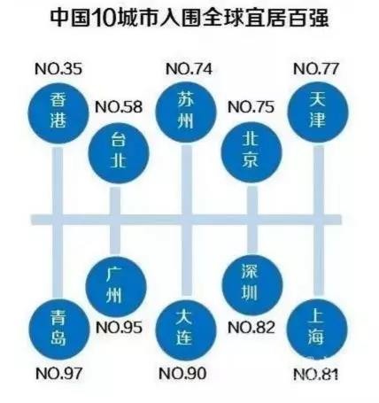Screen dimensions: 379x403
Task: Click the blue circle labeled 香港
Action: [x=58, y=113]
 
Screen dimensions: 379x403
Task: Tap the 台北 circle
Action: [x=119, y=153]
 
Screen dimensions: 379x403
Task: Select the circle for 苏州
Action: [x=186, y=112]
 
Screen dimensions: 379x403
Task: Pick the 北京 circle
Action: [x=251, y=153]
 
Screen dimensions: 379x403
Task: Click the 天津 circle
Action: [x=318, y=112]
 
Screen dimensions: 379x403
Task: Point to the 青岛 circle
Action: [x=59, y=329]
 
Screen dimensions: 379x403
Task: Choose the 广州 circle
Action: [x=116, y=286]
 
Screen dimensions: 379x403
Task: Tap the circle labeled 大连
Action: [x=186, y=329]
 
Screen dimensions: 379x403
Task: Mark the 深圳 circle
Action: [x=252, y=285]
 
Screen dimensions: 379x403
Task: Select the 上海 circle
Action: [x=317, y=329]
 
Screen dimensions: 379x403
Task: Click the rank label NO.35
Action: [x=58, y=69]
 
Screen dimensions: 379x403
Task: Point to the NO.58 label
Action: [x=119, y=107]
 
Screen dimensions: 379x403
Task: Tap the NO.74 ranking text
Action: [x=189, y=69]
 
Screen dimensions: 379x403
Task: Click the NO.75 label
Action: [x=251, y=107]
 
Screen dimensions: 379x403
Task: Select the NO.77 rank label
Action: [x=316, y=69]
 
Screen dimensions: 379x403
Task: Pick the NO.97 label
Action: [x=58, y=374]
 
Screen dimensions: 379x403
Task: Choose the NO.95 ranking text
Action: [x=119, y=328]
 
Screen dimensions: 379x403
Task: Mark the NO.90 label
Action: [x=182, y=374]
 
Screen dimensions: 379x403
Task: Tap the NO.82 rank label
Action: [x=251, y=328]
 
